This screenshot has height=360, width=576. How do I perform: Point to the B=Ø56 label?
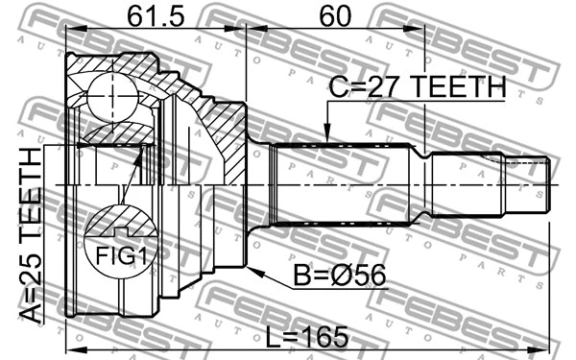(x=340, y=277)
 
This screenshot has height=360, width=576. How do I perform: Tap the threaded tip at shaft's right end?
(x=534, y=183)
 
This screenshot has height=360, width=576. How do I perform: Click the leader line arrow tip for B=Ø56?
(x=249, y=268)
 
